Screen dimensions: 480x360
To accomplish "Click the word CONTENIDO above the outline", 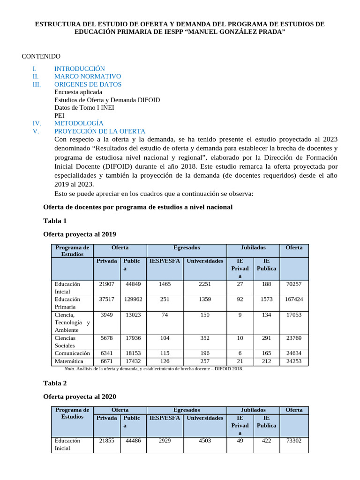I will [x=41, y=56].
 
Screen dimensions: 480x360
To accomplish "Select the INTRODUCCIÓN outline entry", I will [x=79, y=68].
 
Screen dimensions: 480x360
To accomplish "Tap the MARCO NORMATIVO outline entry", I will [x=87, y=76].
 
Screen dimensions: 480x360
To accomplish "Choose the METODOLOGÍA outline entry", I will [x=79, y=123].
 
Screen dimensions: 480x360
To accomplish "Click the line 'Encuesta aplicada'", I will [x=78, y=92].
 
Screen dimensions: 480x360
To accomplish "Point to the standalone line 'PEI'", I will [x=60, y=115].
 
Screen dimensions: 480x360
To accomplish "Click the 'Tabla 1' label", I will [x=55, y=220].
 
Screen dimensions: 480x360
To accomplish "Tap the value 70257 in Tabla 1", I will [x=294, y=284].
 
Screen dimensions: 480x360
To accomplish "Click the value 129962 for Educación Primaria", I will [x=133, y=299].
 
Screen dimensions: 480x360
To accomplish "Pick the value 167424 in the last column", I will [x=294, y=299].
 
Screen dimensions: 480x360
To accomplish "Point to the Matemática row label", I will [x=69, y=361].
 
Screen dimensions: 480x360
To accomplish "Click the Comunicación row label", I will [x=72, y=353].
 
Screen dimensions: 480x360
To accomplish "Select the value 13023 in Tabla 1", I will [x=133, y=315].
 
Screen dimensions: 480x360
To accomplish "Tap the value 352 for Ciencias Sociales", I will [x=205, y=338].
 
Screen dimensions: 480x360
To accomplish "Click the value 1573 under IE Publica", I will [x=266, y=299].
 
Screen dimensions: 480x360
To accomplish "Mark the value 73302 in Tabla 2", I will [x=294, y=441].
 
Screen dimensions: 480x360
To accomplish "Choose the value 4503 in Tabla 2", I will [x=205, y=441].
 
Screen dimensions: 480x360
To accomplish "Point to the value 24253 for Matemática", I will [x=294, y=361].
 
